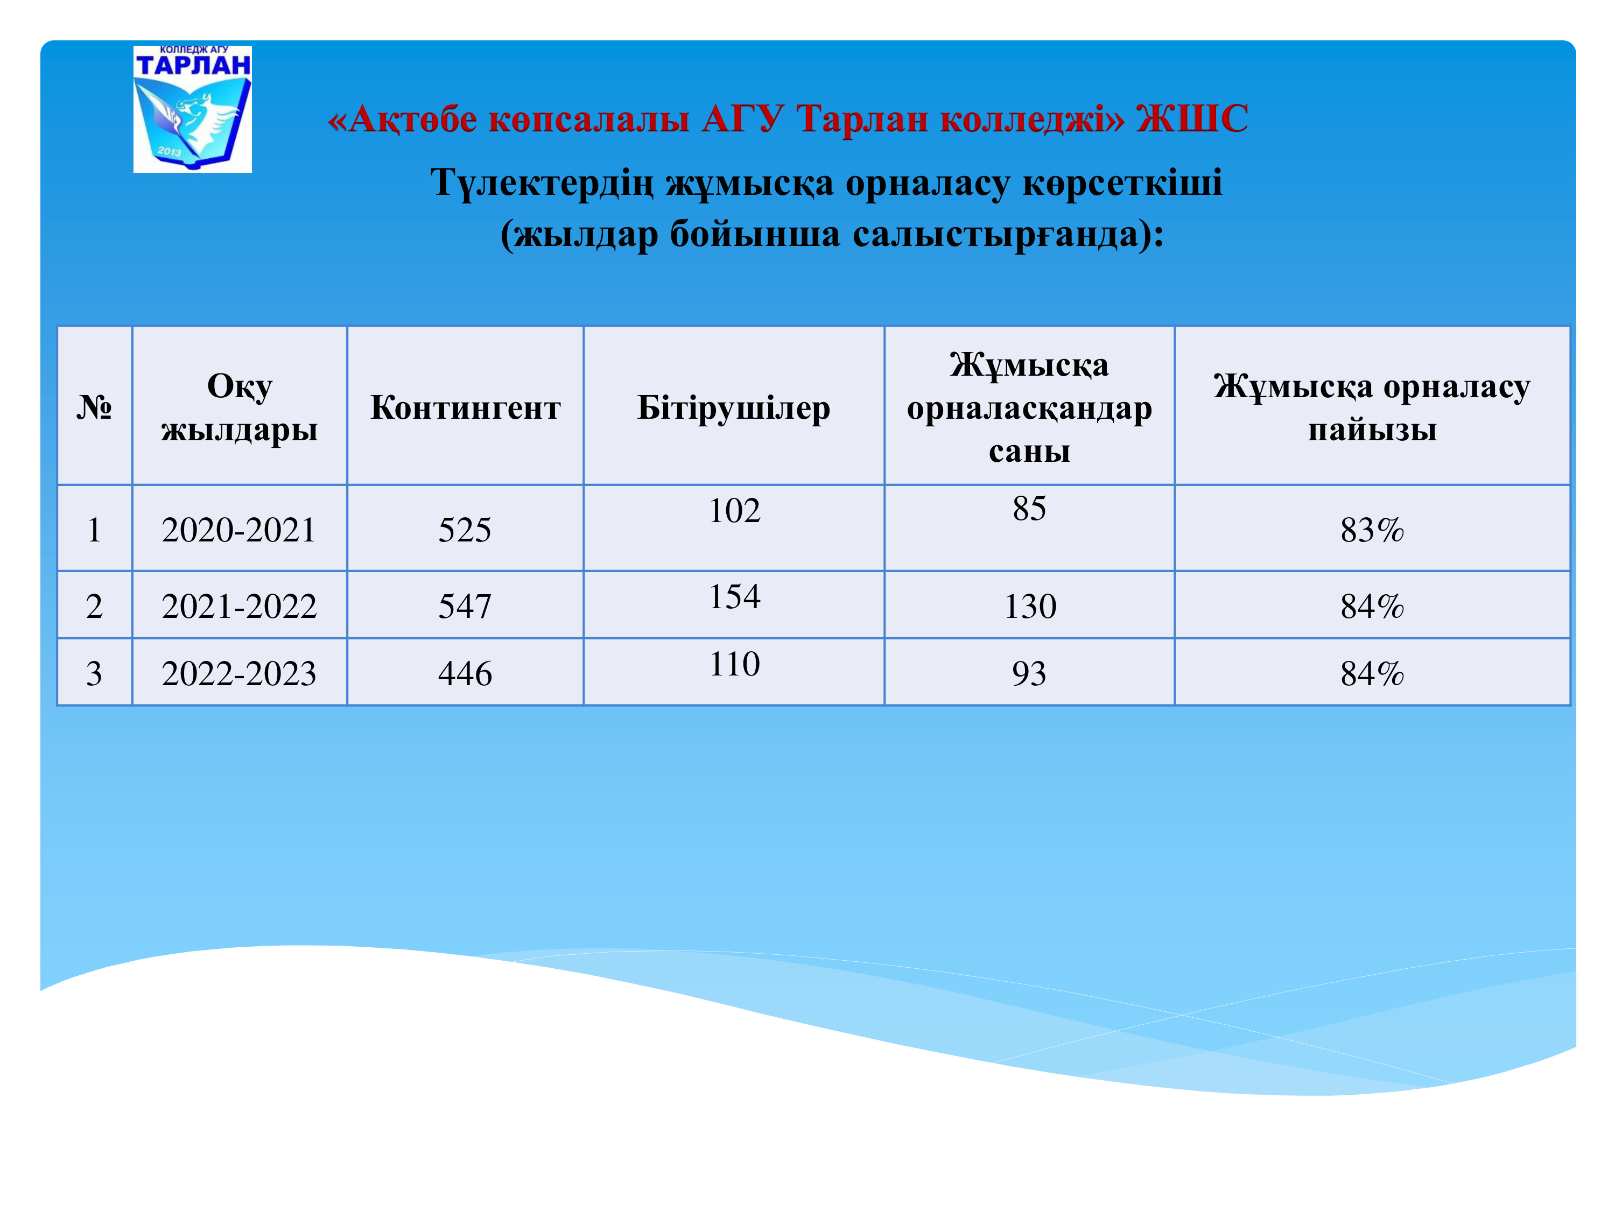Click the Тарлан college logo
(x=193, y=109)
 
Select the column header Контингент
(x=465, y=407)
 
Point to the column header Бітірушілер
(x=734, y=407)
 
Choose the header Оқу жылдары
(x=240, y=407)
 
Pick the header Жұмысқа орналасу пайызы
(x=1372, y=407)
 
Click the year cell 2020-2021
(x=238, y=530)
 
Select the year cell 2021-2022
(x=238, y=607)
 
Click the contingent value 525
(x=465, y=530)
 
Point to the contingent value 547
(x=465, y=607)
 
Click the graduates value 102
(x=734, y=511)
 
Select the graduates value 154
(x=734, y=597)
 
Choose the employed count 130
(x=1030, y=607)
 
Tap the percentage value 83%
(x=1372, y=530)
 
